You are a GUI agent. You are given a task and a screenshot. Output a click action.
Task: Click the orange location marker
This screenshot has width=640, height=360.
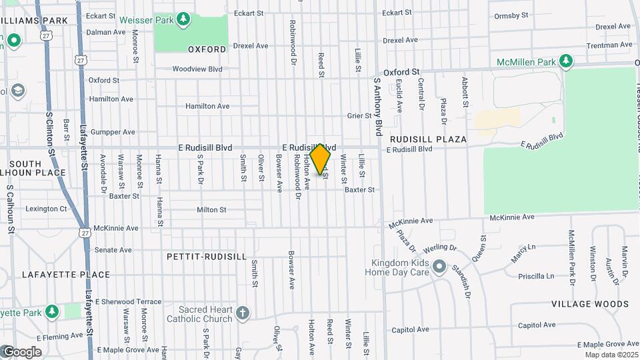[321, 159]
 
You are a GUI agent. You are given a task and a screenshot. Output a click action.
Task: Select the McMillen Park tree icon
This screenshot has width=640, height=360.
[566, 62]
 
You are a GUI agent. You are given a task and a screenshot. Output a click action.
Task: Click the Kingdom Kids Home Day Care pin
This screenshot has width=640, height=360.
[439, 267]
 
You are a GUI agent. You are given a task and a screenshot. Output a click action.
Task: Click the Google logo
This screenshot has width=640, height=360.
[22, 352]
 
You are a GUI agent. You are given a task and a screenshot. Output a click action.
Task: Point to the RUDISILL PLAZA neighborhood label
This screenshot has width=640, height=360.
[428, 139]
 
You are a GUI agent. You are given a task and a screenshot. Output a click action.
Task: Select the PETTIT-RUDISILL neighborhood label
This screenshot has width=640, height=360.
[207, 256]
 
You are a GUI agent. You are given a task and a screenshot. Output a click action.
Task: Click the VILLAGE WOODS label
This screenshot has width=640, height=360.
[590, 304]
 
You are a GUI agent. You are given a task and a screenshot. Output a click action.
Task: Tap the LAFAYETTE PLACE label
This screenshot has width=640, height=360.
[57, 274]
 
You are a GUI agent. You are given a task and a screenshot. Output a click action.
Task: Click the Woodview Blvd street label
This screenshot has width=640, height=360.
[197, 69]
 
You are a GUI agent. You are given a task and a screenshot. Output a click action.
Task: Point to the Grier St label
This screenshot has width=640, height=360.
[359, 115]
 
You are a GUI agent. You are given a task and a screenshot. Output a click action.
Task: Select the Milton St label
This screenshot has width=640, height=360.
[211, 210]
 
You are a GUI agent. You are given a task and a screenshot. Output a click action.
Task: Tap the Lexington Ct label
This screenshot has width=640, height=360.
[46, 209]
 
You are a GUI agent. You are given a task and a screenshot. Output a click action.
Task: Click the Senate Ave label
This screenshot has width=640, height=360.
[113, 250]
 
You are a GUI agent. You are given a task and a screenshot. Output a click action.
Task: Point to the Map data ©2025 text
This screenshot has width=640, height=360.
[611, 355]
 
